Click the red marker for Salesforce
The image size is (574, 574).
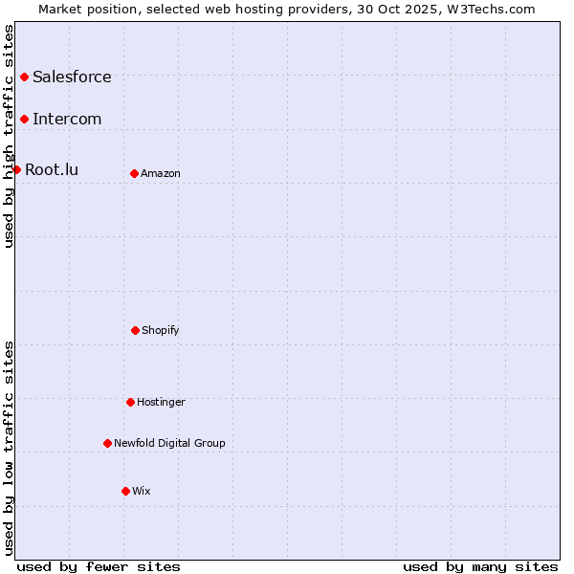point(24,77)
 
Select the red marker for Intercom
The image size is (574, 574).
point(24,119)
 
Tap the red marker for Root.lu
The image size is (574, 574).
point(16,169)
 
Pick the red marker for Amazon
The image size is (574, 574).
point(134,173)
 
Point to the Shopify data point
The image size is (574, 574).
point(135,330)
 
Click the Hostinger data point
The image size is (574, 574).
point(130,402)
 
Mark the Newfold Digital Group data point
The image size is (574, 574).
point(107,443)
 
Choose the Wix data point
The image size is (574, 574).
point(125,491)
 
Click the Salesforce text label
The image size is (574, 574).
point(72,77)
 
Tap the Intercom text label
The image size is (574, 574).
point(67,119)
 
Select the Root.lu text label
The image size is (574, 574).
point(52,169)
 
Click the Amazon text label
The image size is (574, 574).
point(161,173)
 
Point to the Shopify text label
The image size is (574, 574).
point(161,330)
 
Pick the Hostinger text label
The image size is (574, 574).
point(161,402)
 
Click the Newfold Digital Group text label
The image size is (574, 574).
point(169,443)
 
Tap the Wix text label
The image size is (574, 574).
point(142,491)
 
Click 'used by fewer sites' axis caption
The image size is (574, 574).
point(99,566)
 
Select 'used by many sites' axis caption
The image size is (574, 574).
point(480,566)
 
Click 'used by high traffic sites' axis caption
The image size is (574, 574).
point(9,136)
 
